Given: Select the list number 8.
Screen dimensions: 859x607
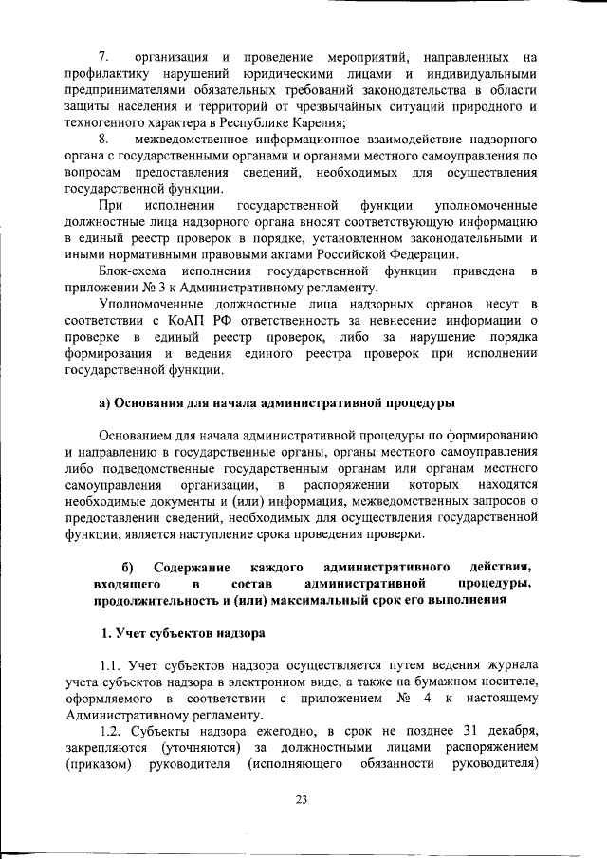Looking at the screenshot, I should coord(104,141).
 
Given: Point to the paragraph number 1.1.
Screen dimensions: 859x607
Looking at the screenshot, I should coord(111,664).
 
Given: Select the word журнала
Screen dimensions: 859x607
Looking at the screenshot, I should coord(510,664).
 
